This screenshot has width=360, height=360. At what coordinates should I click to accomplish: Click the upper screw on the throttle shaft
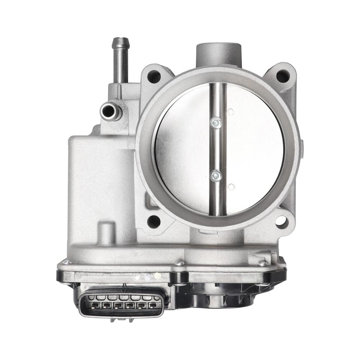click(216, 123)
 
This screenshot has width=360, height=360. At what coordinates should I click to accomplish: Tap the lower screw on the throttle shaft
click(216, 175)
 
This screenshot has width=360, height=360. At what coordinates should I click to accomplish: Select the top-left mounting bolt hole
click(154, 76)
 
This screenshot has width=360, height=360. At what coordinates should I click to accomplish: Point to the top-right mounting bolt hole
click(283, 76)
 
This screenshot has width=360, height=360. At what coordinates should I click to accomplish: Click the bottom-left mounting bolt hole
click(154, 221)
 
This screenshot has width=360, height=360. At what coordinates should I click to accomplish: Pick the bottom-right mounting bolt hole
click(282, 221)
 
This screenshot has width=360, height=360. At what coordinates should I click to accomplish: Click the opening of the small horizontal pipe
click(108, 111)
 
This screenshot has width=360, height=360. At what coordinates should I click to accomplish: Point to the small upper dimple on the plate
click(230, 112)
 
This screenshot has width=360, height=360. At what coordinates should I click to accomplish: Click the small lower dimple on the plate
click(231, 186)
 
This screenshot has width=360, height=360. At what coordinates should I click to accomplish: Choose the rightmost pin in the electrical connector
click(152, 306)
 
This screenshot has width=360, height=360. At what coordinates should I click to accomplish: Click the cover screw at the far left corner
click(66, 262)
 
